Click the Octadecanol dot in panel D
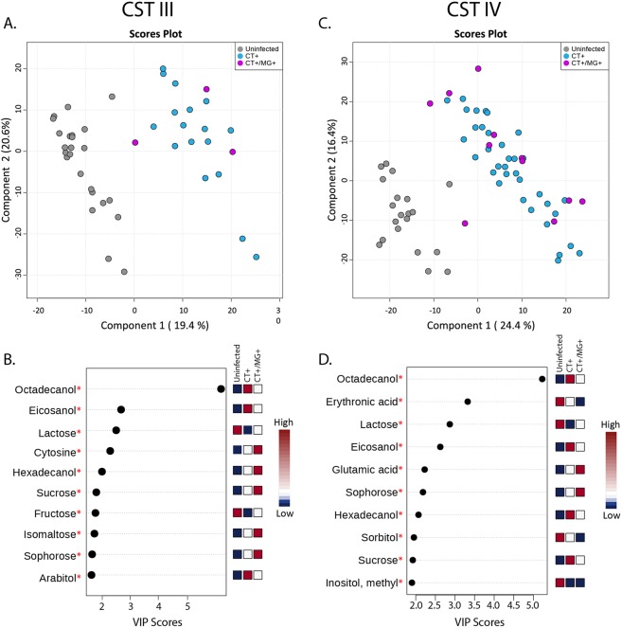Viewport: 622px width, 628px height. click(542, 379)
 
